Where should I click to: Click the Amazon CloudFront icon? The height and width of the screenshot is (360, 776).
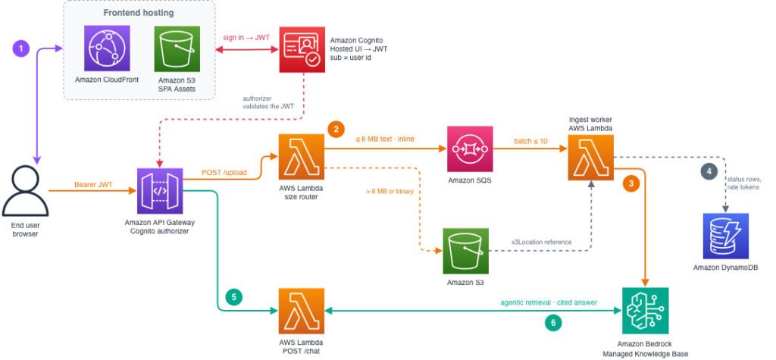pos(107,49)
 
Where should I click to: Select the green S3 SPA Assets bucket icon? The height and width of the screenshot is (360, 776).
pos(177,49)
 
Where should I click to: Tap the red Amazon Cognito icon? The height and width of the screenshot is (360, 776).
pos(302,49)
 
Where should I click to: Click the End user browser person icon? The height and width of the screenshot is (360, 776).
pos(25,191)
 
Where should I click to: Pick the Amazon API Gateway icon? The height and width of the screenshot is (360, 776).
pos(160,191)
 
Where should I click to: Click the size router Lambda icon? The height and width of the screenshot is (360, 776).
pos(302,156)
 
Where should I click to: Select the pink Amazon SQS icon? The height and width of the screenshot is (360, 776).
pos(470,149)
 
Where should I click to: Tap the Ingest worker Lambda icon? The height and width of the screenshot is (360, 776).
pos(590,157)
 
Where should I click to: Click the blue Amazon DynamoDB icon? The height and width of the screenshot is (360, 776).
pos(725,236)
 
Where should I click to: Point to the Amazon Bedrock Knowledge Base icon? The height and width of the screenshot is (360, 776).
pos(646,311)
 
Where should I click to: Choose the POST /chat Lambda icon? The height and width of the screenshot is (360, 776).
pos(302,311)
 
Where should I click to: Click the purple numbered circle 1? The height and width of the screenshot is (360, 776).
pos(21,49)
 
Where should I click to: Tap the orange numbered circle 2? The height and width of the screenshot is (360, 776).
pos(336,130)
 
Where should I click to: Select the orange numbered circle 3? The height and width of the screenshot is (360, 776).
pos(630,183)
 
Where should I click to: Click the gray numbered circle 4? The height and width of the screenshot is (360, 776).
pos(709,171)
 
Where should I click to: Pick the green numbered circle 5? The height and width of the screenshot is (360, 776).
pos(233,297)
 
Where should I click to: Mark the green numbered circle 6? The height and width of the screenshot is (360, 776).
pos(553,323)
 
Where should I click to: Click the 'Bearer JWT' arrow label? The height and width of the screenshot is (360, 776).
pos(93,185)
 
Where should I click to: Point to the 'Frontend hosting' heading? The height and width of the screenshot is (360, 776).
pos(139,13)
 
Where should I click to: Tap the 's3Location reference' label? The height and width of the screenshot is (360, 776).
pos(541,242)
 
